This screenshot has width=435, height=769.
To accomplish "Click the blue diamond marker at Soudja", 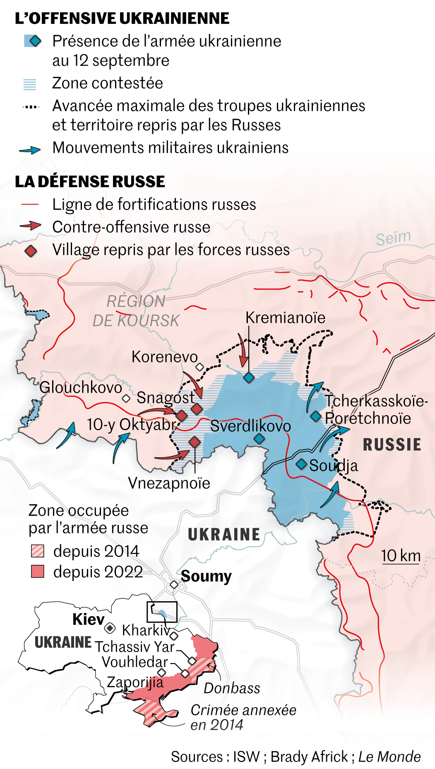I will pos(301,464).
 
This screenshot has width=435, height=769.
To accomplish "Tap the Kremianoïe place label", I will pos(285,318).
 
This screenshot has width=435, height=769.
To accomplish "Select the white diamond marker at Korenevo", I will pos(200,367).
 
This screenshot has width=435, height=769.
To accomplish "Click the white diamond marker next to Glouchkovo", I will pos(126,399).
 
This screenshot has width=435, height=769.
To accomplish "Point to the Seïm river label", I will pos(393,238).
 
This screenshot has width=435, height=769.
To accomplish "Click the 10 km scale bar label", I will pos(400,556).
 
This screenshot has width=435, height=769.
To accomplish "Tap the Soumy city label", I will pos(206,576).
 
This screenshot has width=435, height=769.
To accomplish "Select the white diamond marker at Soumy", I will pos(174,585).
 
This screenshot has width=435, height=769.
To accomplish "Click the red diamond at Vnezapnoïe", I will pos(195,442).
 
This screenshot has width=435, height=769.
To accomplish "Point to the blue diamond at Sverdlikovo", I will pos(260,439).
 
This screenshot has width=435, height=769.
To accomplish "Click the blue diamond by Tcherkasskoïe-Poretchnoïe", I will pos(316,417).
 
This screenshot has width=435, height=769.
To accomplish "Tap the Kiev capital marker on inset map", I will pos(110,629).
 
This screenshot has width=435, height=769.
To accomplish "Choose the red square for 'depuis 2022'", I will pos(38,572).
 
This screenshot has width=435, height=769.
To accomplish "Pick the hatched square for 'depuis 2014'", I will pos(38,551).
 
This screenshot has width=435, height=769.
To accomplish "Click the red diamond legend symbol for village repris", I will pos(31,251).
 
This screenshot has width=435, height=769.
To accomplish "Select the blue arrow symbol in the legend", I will pos(30,150).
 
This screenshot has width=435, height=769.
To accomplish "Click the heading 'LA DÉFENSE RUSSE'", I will pos(90,182).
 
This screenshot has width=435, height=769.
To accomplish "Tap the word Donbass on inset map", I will pos(232,688).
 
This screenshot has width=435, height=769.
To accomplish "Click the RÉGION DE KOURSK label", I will pos(136,311).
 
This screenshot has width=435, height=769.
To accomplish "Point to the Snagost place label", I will pos(166,398).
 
